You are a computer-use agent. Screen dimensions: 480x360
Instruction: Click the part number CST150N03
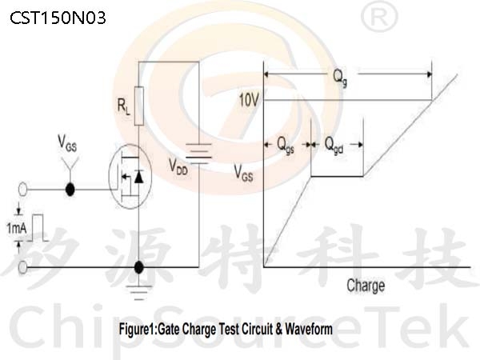(x=58, y=18)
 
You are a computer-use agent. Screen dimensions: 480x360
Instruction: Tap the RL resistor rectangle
(x=139, y=106)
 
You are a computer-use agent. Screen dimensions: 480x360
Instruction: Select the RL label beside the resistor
(x=124, y=106)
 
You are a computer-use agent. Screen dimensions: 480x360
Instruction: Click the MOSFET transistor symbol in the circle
(x=130, y=177)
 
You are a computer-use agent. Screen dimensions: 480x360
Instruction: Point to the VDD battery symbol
(x=198, y=153)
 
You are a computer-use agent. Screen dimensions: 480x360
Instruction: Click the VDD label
(x=178, y=168)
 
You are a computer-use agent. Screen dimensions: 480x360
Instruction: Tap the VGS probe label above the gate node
(x=67, y=143)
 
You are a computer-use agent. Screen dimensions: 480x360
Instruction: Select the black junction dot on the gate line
(x=70, y=190)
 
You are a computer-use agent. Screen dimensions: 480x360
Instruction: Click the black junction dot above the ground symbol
(x=138, y=267)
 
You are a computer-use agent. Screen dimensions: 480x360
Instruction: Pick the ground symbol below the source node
(x=138, y=292)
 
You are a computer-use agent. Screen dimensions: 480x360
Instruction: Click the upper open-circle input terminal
(x=23, y=190)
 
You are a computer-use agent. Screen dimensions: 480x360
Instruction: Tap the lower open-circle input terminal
(x=23, y=267)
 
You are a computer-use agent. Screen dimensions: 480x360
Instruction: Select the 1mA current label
(x=17, y=228)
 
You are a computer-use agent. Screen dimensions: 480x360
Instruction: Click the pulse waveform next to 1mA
(x=38, y=228)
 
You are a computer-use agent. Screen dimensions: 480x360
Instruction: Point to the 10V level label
(x=249, y=100)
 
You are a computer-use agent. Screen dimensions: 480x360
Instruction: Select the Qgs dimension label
(x=286, y=145)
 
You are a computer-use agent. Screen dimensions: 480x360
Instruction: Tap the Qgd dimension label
(x=334, y=145)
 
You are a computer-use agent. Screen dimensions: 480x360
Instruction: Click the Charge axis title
(x=366, y=286)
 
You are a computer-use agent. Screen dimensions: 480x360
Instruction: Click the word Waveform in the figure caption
(x=309, y=329)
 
